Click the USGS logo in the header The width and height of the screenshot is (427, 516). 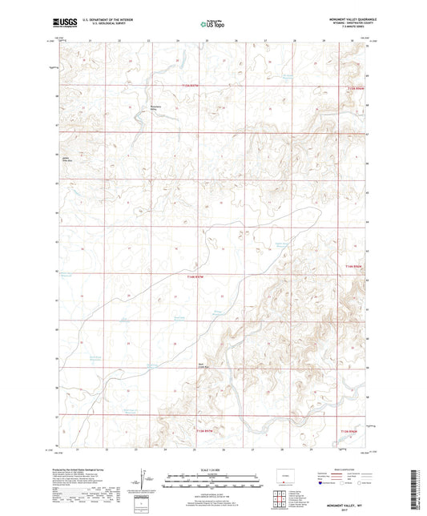(62, 24)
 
